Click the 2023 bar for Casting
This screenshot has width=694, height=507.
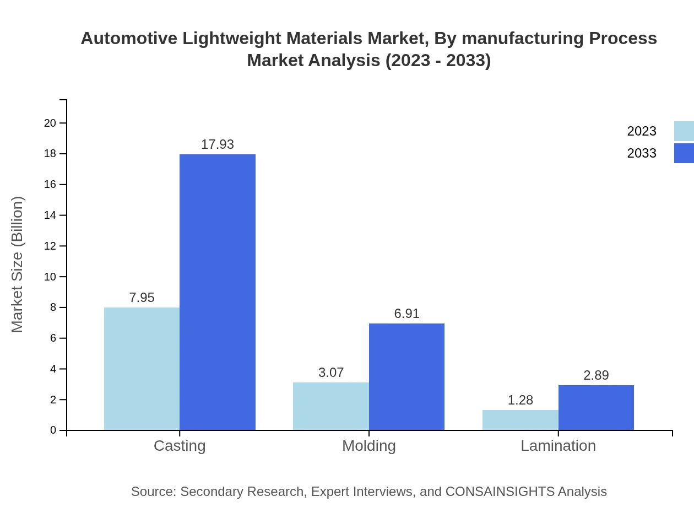tap(142, 369)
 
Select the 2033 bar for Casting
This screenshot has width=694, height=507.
tap(218, 292)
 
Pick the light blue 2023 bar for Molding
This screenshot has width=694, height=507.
tap(331, 406)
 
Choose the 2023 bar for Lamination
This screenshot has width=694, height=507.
tap(520, 420)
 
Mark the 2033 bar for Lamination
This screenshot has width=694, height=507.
tap(596, 407)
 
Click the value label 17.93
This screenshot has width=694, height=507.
tap(218, 144)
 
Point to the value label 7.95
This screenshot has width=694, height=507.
tap(142, 298)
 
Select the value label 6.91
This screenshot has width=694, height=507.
tap(406, 314)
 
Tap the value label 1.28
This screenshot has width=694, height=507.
tap(520, 400)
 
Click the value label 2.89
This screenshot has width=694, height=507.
tap(596, 375)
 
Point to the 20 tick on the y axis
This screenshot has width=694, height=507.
tap(50, 123)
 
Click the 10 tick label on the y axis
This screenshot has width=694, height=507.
tap(50, 277)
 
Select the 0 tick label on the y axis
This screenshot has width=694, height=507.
tap(53, 430)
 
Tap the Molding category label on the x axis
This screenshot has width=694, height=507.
tap(369, 445)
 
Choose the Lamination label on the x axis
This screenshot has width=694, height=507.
tap(558, 445)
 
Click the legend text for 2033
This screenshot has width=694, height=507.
tap(642, 153)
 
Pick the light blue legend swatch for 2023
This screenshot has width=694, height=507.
tap(684, 131)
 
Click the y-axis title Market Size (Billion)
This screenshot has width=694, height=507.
tap(18, 265)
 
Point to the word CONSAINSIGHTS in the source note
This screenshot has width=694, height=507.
tap(500, 492)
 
